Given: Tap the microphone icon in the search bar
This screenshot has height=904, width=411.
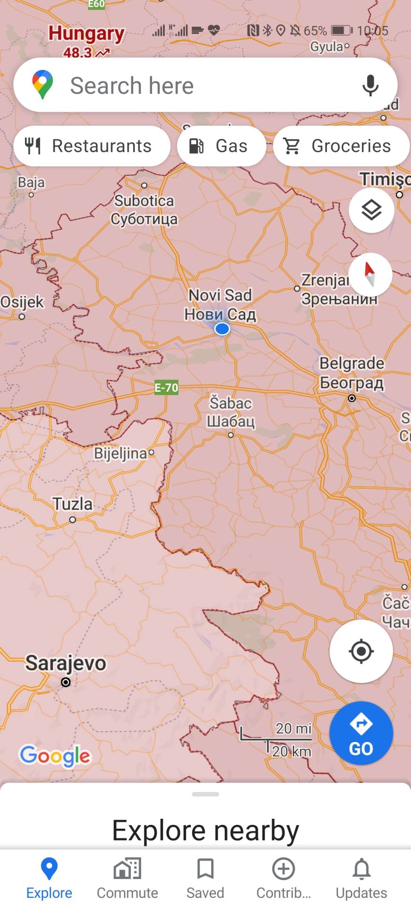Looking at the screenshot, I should (370, 85).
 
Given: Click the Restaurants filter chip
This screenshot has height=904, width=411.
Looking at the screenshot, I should (92, 146).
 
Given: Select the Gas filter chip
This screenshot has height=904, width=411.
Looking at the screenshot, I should (221, 146).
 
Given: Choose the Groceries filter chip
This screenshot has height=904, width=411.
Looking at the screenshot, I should (341, 146).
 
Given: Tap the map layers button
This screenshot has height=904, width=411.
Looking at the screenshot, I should (371, 210).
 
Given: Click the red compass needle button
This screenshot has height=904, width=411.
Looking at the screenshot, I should (370, 274).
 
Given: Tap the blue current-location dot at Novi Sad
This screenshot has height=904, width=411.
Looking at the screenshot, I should (222, 329).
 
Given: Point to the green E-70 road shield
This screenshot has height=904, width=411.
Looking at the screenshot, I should (166, 387).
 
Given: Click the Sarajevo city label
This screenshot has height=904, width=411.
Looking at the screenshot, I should (66, 663).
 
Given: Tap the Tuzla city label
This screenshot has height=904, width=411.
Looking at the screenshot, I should (73, 504).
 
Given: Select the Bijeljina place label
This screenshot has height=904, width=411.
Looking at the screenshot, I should (121, 453).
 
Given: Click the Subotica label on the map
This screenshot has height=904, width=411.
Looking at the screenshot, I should (144, 201).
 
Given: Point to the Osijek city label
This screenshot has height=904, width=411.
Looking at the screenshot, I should (22, 302).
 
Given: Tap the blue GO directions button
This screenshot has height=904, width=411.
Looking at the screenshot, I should (361, 733).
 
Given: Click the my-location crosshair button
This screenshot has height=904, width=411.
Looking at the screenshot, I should (361, 651).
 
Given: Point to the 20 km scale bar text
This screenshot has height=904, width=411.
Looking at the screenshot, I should (291, 751).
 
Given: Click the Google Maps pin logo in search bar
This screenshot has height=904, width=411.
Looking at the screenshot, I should (42, 85).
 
